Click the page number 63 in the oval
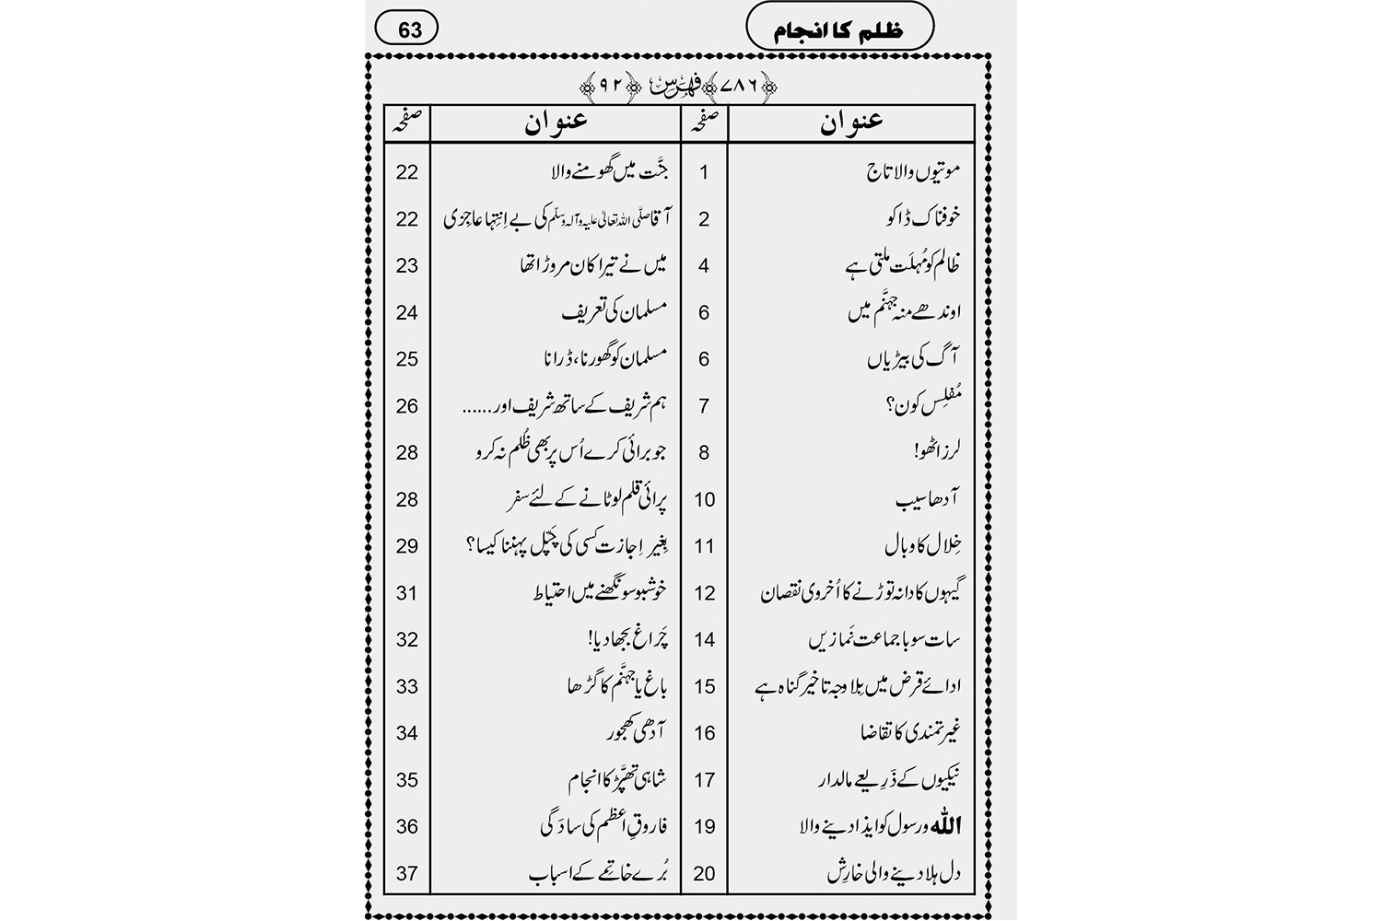pyautogui.click(x=408, y=29)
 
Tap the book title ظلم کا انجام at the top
pyautogui.click(x=838, y=29)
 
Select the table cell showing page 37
pyautogui.click(x=407, y=873)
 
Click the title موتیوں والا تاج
pyautogui.click(x=915, y=171)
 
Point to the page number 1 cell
pyautogui.click(x=704, y=172)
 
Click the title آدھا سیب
pyautogui.click(x=928, y=500)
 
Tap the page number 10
pyautogui.click(x=704, y=500)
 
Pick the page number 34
pyautogui.click(x=407, y=733)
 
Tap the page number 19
pyautogui.click(x=704, y=827)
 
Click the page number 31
pyautogui.click(x=407, y=593)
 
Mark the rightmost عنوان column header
pyautogui.click(x=851, y=123)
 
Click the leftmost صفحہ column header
pyautogui.click(x=407, y=123)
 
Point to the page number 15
pyautogui.click(x=704, y=687)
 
